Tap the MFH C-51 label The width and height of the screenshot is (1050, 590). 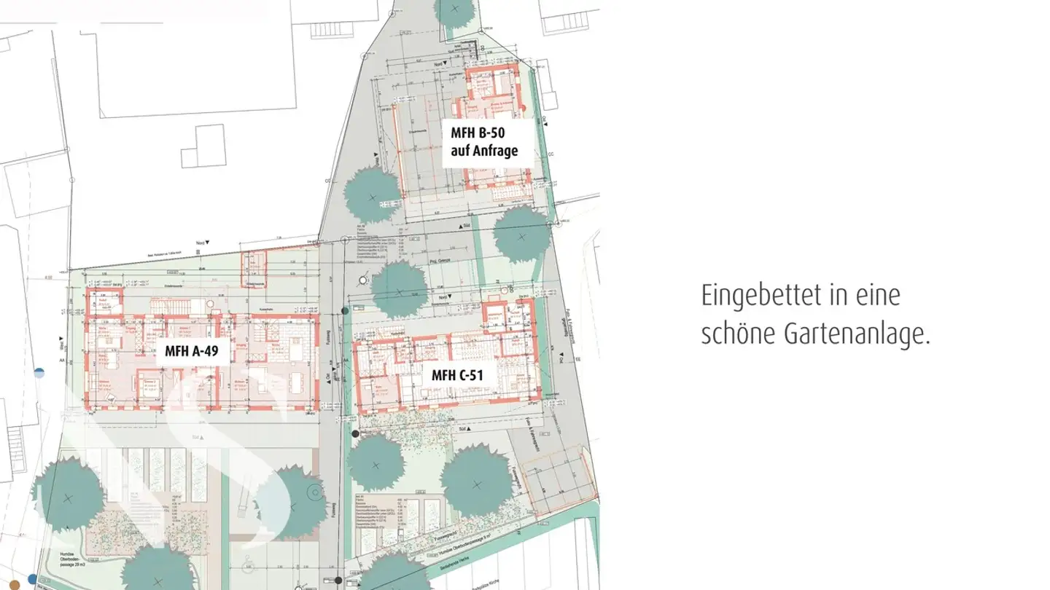pos(454,376)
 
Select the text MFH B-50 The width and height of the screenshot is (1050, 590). pos(478,133)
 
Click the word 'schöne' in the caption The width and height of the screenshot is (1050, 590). pos(738,334)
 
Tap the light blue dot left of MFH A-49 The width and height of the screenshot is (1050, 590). pos(39,373)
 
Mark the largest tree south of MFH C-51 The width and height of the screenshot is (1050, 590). pos(476,481)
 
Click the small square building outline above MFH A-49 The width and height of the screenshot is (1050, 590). pos(203,146)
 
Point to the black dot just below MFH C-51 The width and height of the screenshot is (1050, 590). pos(355,433)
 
